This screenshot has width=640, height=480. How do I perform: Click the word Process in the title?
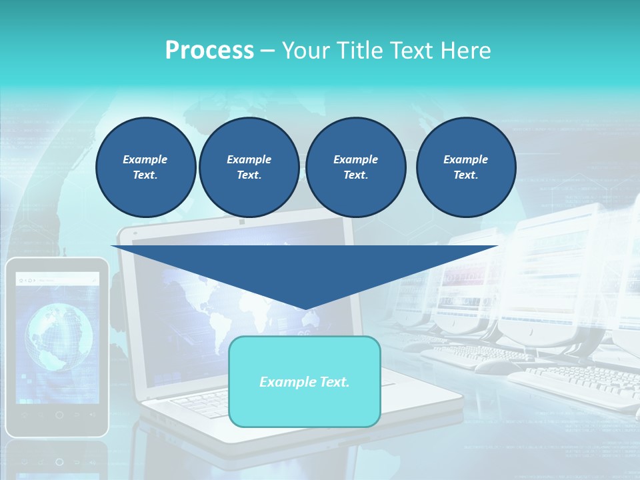point(209,51)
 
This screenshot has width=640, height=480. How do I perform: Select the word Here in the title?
point(466,51)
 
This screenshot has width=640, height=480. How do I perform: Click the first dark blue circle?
point(145,167)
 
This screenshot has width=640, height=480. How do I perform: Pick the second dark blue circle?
point(249,167)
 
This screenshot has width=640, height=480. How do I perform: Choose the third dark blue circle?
point(355,167)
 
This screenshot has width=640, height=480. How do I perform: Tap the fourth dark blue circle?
point(465,167)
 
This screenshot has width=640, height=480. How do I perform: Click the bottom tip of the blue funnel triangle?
point(305,309)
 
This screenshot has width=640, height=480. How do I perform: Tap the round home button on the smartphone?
point(59,415)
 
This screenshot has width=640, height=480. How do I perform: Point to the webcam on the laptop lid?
point(241,221)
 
